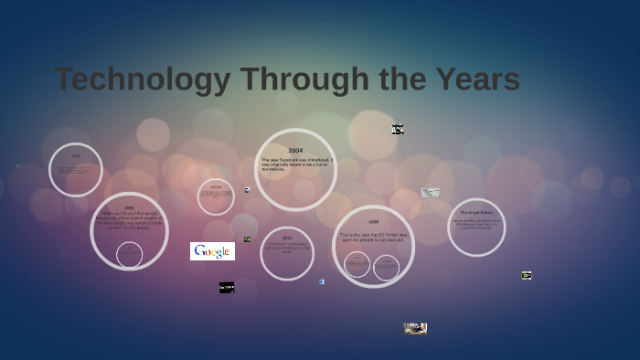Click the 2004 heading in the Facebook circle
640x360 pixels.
tap(295, 150)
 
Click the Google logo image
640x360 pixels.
tap(212, 251)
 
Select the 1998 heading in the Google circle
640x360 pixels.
tap(129, 207)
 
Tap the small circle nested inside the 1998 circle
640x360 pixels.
tap(129, 255)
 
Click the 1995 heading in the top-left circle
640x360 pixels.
tap(76, 156)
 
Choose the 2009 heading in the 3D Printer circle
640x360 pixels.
tap(373, 222)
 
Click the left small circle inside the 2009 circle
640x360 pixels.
tap(357, 266)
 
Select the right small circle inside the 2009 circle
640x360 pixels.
tap(387, 266)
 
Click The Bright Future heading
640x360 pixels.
tap(476, 212)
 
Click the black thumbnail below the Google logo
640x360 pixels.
tap(227, 288)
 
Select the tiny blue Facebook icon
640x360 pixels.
tap(322, 281)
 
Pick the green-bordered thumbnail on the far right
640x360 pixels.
tap(527, 275)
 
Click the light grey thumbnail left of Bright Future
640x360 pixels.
tap(430, 193)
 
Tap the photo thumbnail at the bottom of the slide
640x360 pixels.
tap(415, 328)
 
